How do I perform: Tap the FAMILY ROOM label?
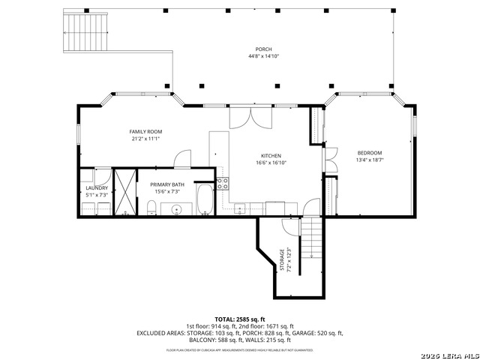point(145,131)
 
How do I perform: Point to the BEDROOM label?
point(369,152)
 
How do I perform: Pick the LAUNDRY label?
point(96,187)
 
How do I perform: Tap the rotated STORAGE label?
point(283,259)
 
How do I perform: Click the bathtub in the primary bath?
point(205,199)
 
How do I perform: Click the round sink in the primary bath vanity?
point(177,209)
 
